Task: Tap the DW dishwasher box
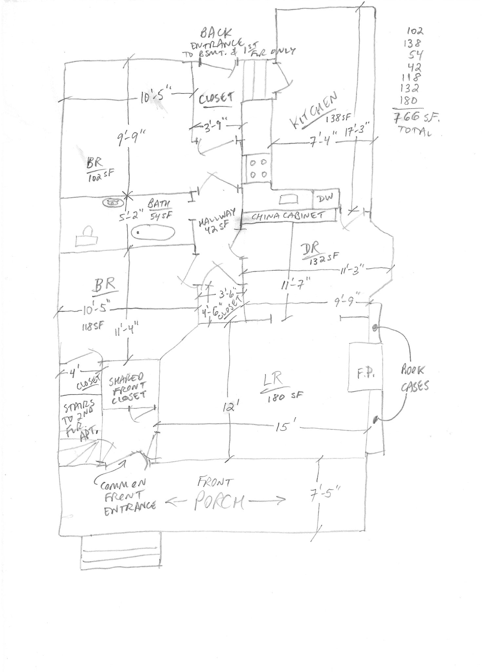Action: click(325, 198)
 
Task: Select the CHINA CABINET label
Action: click(289, 216)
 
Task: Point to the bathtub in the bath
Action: click(153, 232)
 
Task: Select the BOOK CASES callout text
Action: click(414, 378)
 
